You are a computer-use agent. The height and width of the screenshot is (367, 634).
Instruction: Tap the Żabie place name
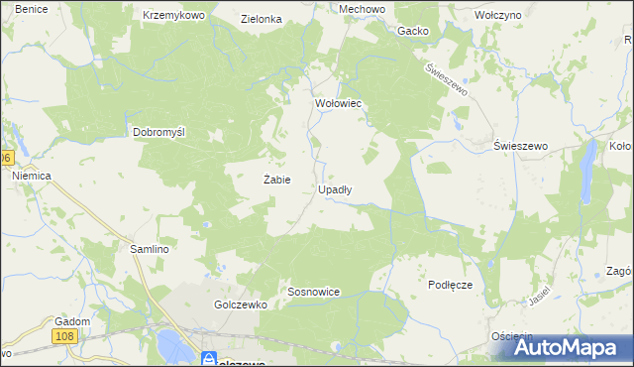click(276, 180)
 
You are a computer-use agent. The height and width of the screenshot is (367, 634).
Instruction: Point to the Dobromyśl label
click(160, 132)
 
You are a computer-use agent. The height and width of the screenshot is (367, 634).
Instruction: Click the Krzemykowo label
click(172, 17)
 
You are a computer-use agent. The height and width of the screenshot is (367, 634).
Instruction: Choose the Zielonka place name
click(262, 19)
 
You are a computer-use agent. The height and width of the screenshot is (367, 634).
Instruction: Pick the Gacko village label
click(412, 31)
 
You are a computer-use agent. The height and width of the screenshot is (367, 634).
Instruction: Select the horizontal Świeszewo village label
click(520, 146)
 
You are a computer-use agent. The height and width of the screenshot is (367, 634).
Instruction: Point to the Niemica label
click(31, 175)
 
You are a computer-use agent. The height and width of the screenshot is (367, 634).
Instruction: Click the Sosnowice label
click(313, 293)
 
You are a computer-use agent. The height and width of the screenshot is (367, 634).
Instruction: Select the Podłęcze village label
click(451, 285)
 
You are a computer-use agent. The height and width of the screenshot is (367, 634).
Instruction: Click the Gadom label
click(73, 321)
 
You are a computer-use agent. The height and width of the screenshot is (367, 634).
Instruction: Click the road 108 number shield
click(65, 338)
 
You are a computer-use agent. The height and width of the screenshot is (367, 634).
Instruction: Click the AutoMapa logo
click(559, 347)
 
